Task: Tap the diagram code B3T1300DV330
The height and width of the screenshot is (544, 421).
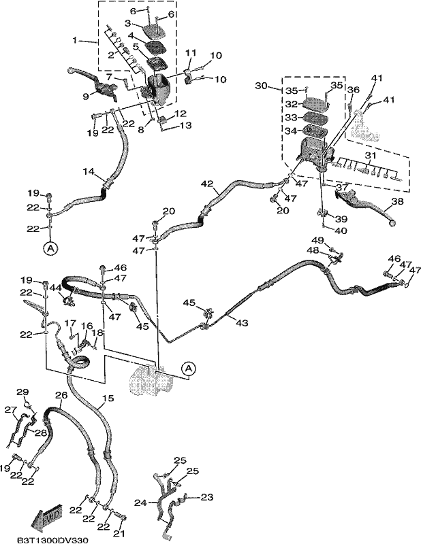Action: coord(52,540)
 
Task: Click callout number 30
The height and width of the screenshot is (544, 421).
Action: coord(261,86)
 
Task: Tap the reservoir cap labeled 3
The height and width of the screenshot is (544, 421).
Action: coord(153,31)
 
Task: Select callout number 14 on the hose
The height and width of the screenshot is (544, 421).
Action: coord(89,171)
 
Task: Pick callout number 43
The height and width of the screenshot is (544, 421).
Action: coord(242,322)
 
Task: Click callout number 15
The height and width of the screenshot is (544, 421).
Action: coord(108,398)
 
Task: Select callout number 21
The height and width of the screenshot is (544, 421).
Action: coord(119,533)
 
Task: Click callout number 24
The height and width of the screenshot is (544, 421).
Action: coord(141,502)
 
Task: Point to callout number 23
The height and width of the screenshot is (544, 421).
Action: coord(207,497)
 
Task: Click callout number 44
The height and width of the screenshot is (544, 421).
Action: coord(55,287)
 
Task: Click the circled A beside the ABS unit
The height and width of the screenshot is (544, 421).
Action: coord(189,369)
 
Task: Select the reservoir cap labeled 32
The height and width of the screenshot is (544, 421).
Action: coord(316,103)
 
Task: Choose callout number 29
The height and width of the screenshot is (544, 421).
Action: coord(22,392)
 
